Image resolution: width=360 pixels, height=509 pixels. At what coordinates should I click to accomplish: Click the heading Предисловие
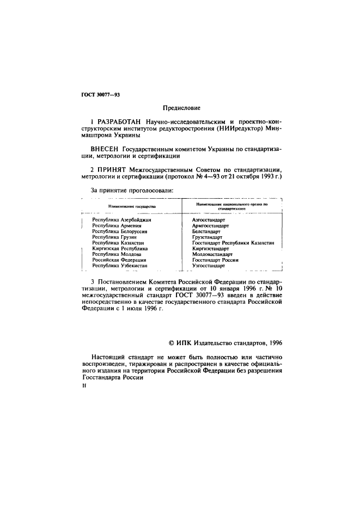[x=181, y=108]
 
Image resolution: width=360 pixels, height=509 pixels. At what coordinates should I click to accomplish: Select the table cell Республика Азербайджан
[x=121, y=220]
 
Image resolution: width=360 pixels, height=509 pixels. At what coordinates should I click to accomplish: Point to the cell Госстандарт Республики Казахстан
[x=233, y=243]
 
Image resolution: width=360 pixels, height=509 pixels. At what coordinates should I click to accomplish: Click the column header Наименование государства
[x=132, y=207]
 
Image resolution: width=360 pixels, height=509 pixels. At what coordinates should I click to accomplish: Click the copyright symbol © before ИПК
[x=171, y=342]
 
